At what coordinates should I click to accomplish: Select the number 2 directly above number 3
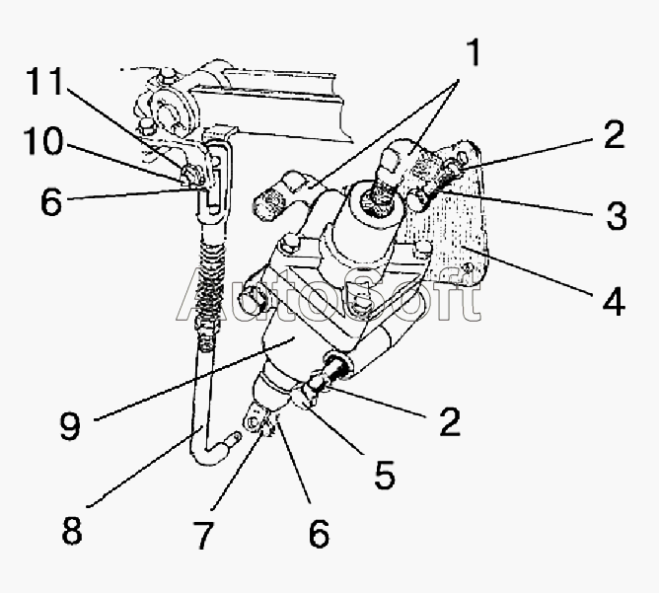pos(614,135)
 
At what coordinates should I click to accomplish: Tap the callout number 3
pos(617,216)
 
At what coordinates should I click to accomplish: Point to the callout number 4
pos(613,301)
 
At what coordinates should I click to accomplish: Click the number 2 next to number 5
pos(449,422)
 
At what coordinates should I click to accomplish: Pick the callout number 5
pos(384,475)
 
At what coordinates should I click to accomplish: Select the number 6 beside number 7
pos(318,534)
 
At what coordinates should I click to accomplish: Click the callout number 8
pos(70,530)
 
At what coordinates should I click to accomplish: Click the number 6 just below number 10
pos(51,202)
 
